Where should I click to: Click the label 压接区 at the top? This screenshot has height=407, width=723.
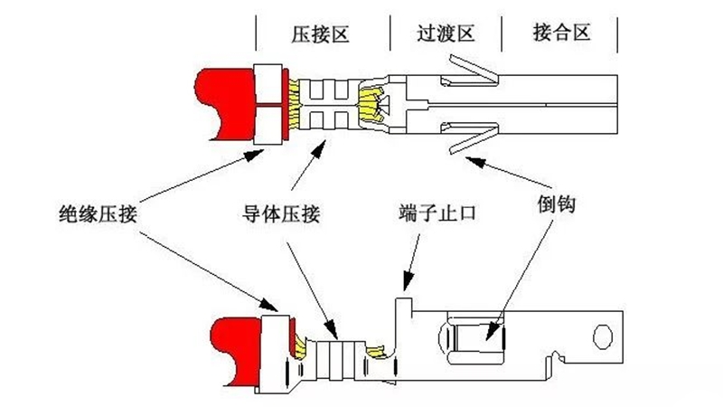(x=320, y=34)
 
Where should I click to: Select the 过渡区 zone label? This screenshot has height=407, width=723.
(x=446, y=34)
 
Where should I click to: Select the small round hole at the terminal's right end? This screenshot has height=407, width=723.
(x=603, y=336)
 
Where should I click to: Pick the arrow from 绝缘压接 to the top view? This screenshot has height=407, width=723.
(x=199, y=176)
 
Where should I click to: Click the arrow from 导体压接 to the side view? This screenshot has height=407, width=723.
(x=307, y=280)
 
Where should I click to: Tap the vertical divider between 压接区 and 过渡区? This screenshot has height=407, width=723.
(x=390, y=34)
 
